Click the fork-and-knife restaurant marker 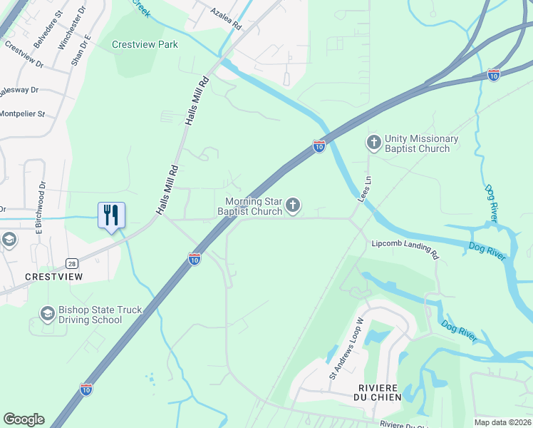pos(111,215)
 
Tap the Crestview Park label pos(145,44)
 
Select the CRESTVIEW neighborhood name pos(53,276)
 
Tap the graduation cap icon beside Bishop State pos(47,314)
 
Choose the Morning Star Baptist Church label pos(250,207)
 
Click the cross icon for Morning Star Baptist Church pos(292,207)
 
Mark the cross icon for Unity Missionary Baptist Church pos(374,143)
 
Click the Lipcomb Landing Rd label pos(405,247)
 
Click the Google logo pos(24,419)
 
